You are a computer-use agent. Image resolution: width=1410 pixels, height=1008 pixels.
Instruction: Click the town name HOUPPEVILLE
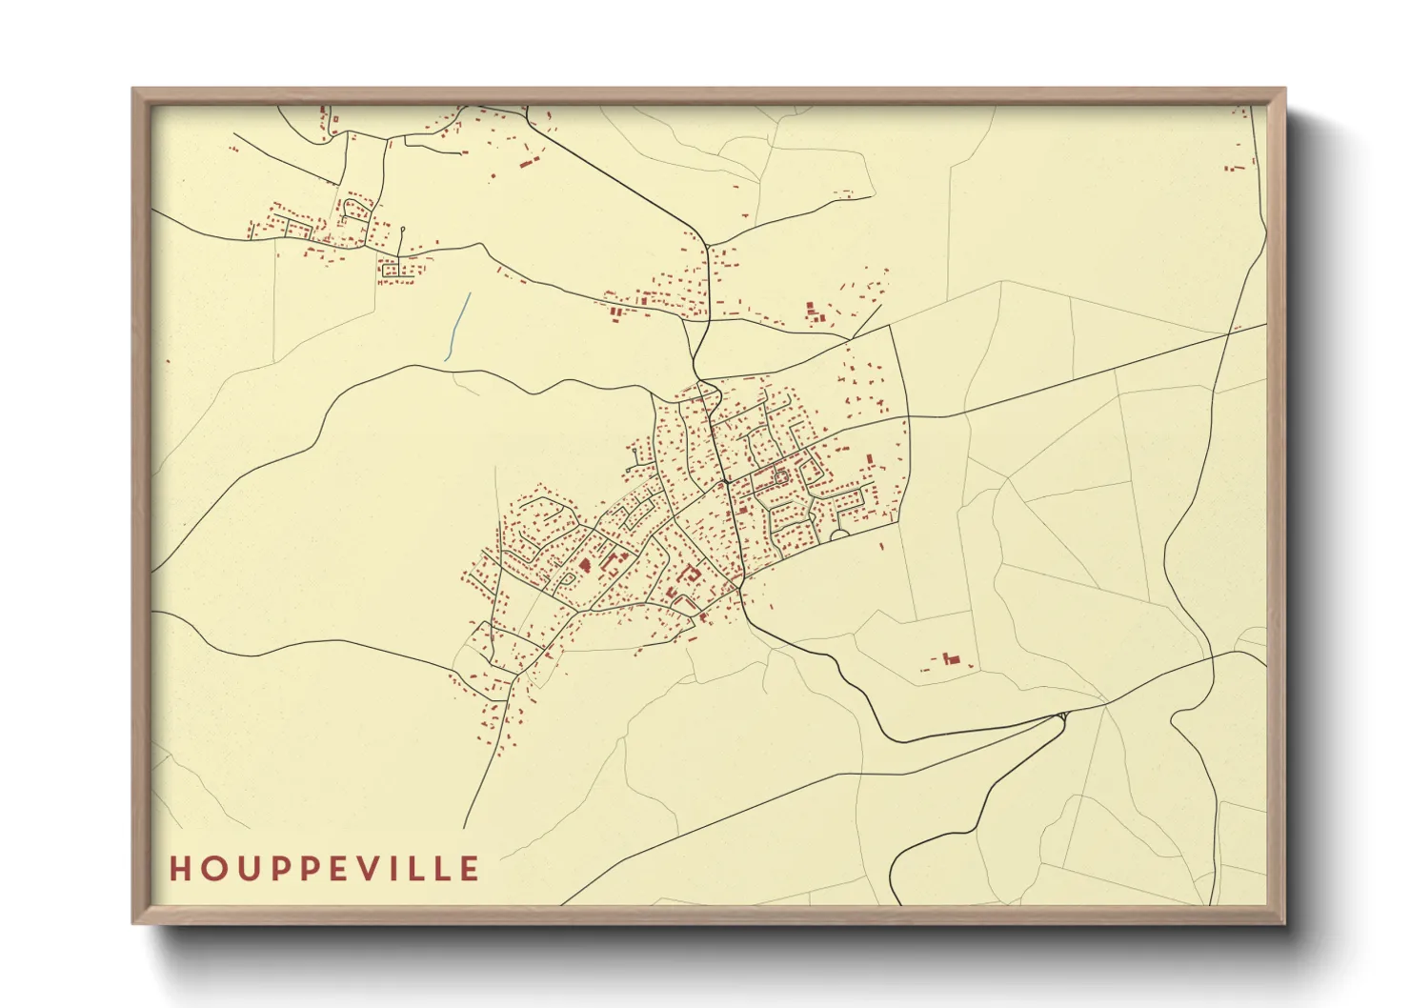pyautogui.click(x=325, y=869)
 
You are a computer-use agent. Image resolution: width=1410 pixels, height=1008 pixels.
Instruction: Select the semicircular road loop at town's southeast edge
pyautogui.click(x=839, y=535)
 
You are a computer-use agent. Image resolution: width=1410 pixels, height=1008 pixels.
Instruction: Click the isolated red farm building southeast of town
pyautogui.click(x=949, y=659)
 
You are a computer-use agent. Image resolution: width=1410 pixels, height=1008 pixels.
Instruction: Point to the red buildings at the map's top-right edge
pyautogui.click(x=1236, y=168)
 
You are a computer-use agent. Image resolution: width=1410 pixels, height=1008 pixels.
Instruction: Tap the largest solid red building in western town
pyautogui.click(x=583, y=565)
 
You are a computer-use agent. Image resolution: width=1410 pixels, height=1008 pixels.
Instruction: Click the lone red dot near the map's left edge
pyautogui.click(x=169, y=361)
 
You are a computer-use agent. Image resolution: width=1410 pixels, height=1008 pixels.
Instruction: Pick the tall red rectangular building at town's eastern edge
pyautogui.click(x=868, y=461)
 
